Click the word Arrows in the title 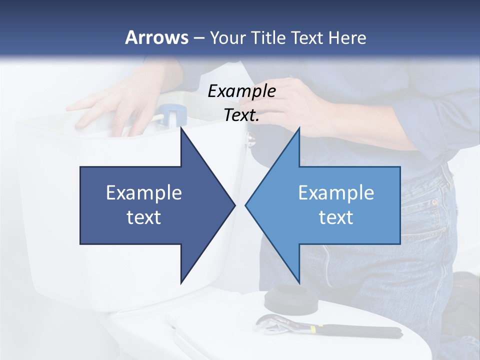coord(157,37)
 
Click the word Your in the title coord(227,38)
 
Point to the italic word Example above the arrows coord(241,91)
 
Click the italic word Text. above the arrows coord(241,115)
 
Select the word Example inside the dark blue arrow coord(144,192)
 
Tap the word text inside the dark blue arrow coord(144,217)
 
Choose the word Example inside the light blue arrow coord(336,192)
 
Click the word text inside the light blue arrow coord(336,217)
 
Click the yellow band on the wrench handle coord(313,329)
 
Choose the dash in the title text coord(198,38)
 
